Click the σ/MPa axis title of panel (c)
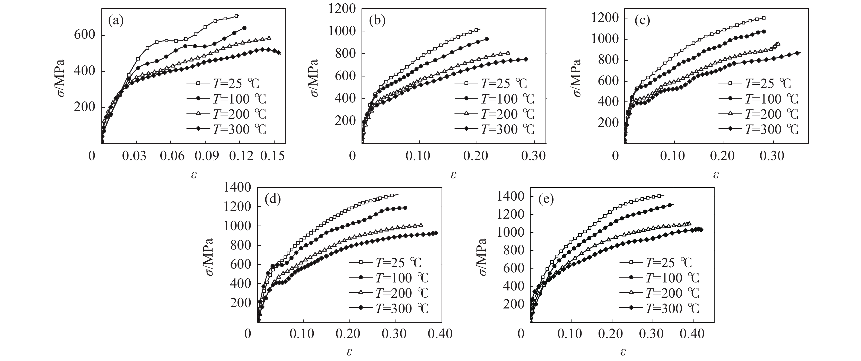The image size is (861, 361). (x=577, y=78)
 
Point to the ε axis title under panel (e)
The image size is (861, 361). (x=623, y=352)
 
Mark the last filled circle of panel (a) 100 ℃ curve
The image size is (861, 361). (x=244, y=28)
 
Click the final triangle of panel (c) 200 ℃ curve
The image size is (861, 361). (x=778, y=44)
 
